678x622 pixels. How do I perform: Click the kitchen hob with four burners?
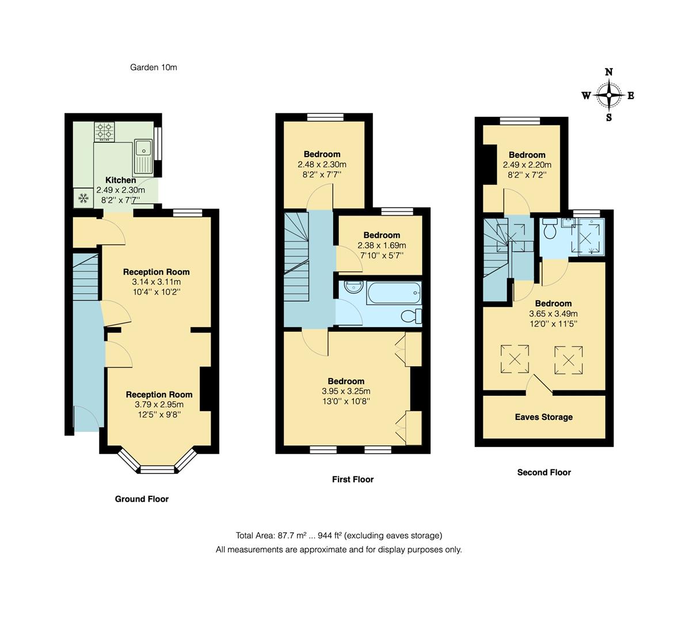(x=105, y=131)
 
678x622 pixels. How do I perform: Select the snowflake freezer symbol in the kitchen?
(x=83, y=198)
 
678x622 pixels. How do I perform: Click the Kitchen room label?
(x=121, y=180)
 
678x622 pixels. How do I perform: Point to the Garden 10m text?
(x=153, y=67)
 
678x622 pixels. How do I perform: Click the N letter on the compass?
(x=608, y=72)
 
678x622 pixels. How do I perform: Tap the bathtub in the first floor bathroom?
(x=394, y=293)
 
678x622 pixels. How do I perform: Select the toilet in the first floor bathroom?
(x=412, y=316)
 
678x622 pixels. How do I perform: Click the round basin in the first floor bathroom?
(x=351, y=287)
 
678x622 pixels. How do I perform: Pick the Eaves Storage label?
(x=544, y=417)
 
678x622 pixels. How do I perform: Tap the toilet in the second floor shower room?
(x=549, y=229)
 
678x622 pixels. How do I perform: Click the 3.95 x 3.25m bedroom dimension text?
(x=346, y=392)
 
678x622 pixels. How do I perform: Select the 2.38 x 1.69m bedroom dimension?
(x=382, y=245)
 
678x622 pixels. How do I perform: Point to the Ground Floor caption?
(x=142, y=499)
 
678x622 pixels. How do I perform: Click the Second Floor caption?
(x=544, y=472)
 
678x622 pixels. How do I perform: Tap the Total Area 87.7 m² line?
(x=338, y=535)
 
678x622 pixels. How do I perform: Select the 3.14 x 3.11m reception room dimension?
(x=156, y=282)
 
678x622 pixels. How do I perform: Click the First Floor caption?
(x=352, y=479)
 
